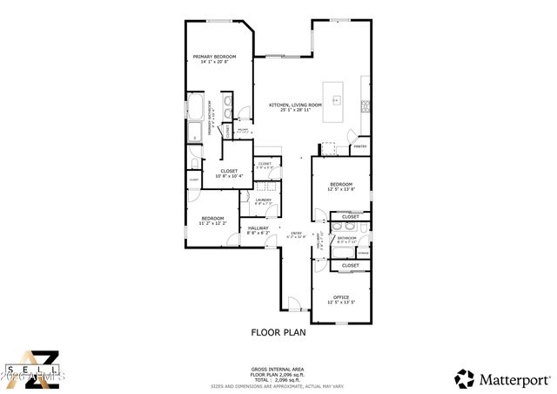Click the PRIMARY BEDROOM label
(216, 57)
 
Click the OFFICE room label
(340, 297)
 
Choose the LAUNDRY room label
(263, 200)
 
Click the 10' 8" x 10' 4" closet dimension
(229, 176)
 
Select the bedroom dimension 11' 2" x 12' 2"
(213, 222)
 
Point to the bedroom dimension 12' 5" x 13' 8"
(340, 189)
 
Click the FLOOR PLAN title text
(278, 331)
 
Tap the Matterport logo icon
(465, 378)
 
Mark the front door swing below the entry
(295, 304)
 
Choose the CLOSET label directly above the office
(350, 265)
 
